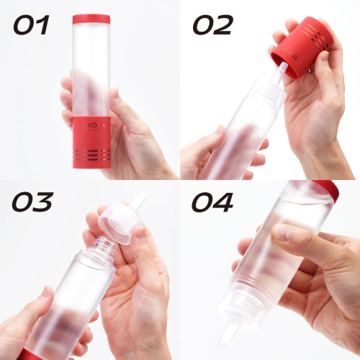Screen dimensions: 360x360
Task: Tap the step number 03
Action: click(x=33, y=204)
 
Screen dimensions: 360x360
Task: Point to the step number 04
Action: click(x=212, y=204)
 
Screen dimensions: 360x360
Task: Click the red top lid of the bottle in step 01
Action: click(x=91, y=19)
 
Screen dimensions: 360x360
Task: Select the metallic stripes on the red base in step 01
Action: click(x=92, y=155)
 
